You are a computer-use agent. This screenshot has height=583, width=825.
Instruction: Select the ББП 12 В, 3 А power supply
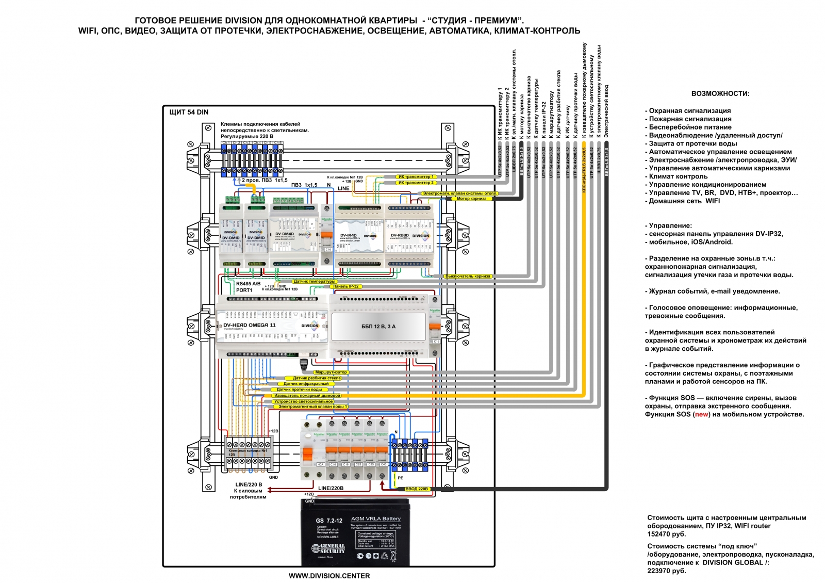tap(378, 327)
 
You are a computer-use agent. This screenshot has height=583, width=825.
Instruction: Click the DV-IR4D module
tap(358, 236)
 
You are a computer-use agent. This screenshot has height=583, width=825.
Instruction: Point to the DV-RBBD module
tap(409, 236)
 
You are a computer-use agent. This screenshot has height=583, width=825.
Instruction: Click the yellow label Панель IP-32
tap(345, 286)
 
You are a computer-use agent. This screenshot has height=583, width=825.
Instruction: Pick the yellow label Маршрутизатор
tap(331, 372)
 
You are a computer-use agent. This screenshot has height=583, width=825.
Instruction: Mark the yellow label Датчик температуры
tap(314, 281)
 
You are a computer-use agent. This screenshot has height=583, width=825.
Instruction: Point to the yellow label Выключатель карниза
tap(468, 276)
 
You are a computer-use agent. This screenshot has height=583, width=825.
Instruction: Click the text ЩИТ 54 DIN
tap(189, 112)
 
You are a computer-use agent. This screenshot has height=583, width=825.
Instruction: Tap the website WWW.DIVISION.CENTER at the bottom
tap(329, 576)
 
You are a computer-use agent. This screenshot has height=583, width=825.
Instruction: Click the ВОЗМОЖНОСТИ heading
tap(720, 93)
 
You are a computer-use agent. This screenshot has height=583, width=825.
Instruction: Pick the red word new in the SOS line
tap(701, 414)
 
